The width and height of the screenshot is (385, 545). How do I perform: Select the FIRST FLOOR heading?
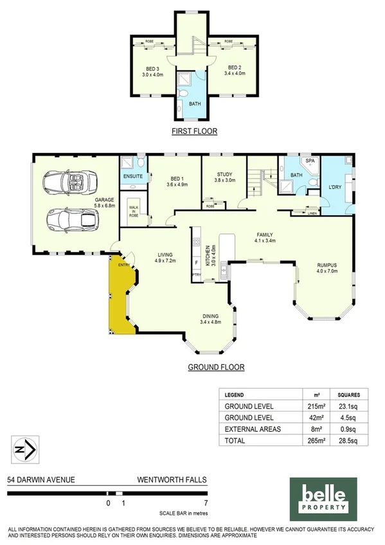pos(193,131)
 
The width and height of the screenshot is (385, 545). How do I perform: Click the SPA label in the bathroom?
pos(309,161)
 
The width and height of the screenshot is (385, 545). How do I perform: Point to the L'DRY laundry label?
pos(335,186)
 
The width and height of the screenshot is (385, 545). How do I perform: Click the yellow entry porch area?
pos(120,296)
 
